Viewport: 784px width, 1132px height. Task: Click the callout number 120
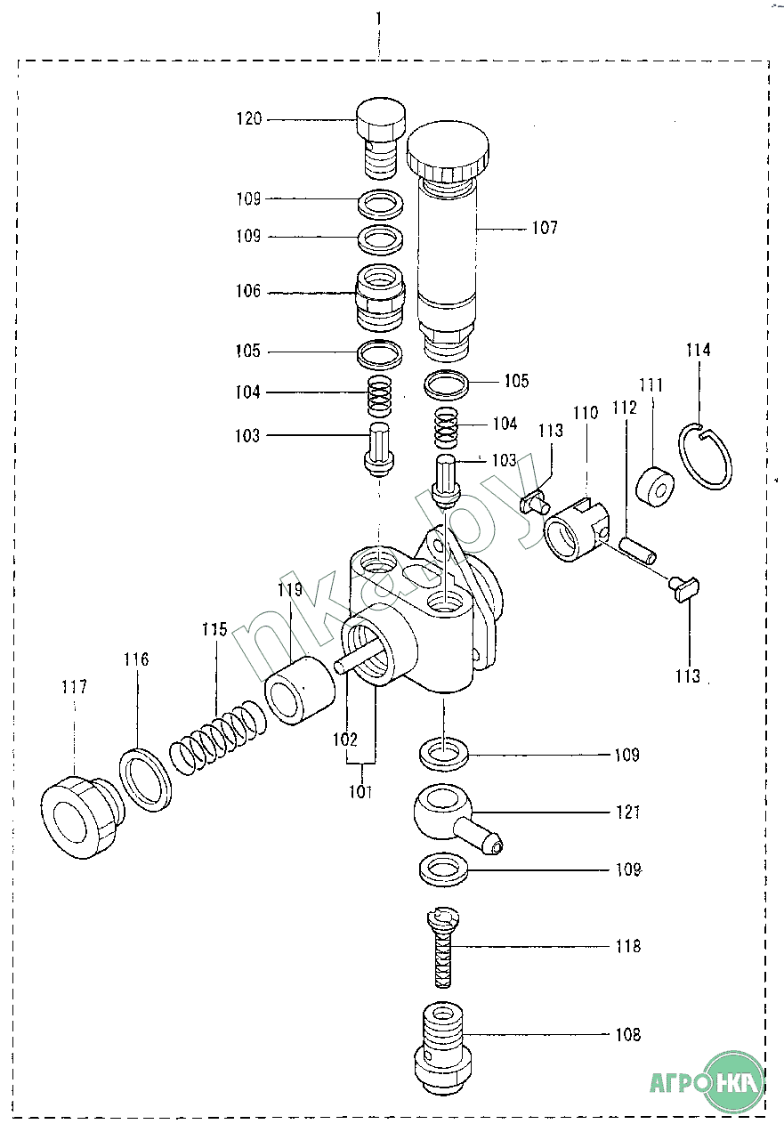[x=249, y=118]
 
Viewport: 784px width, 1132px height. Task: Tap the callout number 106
[x=249, y=291]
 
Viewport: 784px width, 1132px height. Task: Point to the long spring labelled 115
[x=218, y=734]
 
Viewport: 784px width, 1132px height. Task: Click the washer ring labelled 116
[x=145, y=780]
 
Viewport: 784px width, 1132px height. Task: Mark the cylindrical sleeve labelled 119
[x=298, y=688]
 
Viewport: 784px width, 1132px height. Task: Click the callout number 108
[x=628, y=1035]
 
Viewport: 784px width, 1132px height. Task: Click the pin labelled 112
[x=638, y=549]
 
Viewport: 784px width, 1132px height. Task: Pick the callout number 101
[x=360, y=790]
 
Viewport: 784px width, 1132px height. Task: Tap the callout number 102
[x=345, y=739]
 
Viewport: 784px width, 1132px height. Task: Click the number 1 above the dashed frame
[x=379, y=18]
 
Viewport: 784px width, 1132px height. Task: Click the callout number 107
[x=545, y=228]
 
